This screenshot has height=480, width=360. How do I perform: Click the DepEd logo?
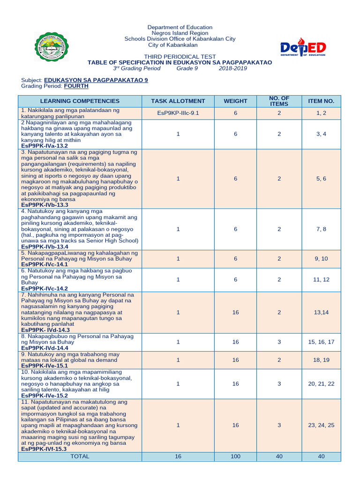coord(303,49)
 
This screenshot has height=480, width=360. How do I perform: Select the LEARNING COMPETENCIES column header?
coord(80,101)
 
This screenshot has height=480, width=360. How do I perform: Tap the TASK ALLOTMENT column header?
coord(178,101)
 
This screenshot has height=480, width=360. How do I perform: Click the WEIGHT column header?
coord(235,101)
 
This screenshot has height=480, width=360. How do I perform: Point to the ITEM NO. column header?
coord(321,101)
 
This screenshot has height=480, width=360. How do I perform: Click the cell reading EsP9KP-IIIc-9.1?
coord(178,113)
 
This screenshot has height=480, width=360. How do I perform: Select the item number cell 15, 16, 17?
coord(321,342)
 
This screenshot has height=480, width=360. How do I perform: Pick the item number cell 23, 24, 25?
coord(321,425)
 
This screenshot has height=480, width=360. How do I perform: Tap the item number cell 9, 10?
coord(321,259)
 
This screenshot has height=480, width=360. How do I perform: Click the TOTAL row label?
coord(80,456)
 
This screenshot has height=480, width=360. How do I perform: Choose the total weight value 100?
coord(235,456)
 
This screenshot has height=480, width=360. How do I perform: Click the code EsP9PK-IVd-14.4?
coord(45,348)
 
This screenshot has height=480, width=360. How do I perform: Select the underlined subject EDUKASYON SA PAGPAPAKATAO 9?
coord(96,80)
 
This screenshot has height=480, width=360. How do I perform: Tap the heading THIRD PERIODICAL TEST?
coord(180,57)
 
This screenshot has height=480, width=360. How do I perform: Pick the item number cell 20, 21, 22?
coord(321,384)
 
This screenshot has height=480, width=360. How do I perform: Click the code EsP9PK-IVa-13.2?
coord(45,146)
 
